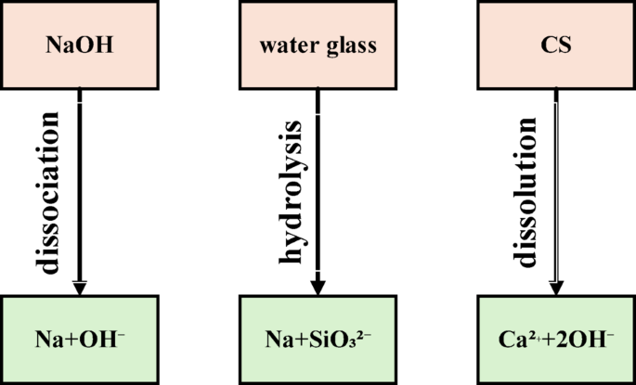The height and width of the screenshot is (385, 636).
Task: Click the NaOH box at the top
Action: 80,44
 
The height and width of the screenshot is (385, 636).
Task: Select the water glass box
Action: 318,44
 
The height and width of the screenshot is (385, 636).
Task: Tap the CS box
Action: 555,44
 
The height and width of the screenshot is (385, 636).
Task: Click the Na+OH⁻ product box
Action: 80,340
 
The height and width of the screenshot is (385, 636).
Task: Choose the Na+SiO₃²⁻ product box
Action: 318,340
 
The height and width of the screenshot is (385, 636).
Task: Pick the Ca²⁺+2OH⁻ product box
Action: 556,340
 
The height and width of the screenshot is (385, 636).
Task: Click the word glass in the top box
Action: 350,44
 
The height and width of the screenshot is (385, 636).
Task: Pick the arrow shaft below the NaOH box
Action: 81,186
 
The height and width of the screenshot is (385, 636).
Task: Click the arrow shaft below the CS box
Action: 556,186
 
